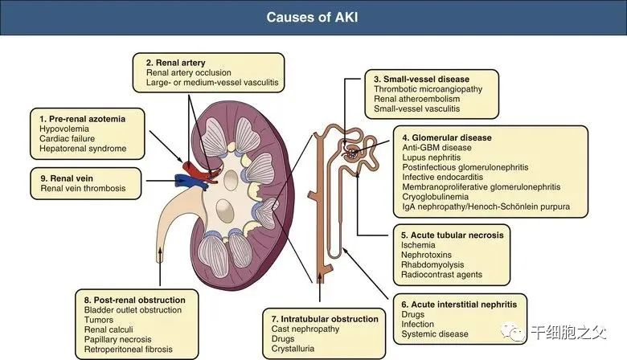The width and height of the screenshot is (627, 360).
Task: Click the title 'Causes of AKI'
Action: pos(313,17)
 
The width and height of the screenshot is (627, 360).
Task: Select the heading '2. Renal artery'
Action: pos(175,63)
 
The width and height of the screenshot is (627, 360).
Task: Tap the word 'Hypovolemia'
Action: pos(64,129)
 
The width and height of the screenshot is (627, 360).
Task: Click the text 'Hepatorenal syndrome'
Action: pos(83,149)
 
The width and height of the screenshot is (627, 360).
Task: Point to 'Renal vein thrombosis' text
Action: pos(83,188)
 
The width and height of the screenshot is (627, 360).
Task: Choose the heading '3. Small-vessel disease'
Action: pos(421,79)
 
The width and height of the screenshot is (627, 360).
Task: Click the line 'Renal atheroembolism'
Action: pos(416,99)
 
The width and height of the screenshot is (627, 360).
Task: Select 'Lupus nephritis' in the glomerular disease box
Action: pos(432,157)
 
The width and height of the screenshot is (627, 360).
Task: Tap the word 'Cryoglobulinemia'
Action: pos(436,197)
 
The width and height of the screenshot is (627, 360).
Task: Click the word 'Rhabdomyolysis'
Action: pos(432,265)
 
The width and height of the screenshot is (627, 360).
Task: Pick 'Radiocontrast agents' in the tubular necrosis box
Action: pos(441,275)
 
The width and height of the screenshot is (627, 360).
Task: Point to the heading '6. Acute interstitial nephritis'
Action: pos(459,305)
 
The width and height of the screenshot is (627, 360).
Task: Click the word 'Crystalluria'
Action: pos(293,349)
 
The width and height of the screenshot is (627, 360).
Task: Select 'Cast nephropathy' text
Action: pos(305,329)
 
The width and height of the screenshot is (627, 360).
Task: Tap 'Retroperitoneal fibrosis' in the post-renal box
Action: pos(129,350)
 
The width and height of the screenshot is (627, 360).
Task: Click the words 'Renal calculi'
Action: pos(109,329)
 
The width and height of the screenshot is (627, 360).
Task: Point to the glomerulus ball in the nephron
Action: pos(351,153)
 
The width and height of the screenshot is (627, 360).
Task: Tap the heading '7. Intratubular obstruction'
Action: pos(325,319)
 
